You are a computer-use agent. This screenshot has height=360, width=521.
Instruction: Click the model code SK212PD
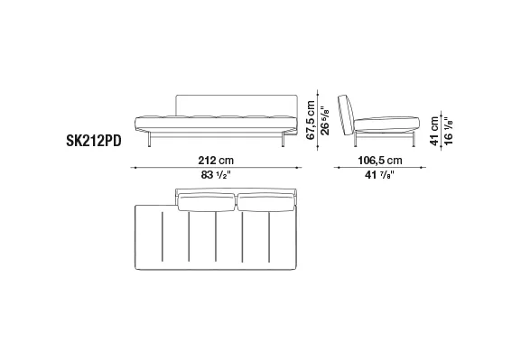[x=94, y=141]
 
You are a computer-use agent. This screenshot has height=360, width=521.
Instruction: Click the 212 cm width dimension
[x=216, y=161]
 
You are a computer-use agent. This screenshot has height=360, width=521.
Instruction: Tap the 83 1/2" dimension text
[x=216, y=175]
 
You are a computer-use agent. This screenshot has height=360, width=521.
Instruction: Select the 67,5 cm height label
[x=311, y=120]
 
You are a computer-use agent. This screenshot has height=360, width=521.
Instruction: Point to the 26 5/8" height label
[x=325, y=120]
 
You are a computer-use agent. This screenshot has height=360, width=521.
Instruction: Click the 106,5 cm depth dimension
[x=380, y=161]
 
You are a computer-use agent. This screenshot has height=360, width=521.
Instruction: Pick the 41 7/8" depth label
[x=379, y=175]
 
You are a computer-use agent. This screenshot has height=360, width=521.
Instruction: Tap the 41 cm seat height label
[x=434, y=131]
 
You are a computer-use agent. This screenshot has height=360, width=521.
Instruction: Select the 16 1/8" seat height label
[x=448, y=131]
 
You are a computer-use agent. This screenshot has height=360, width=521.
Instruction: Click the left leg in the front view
[x=150, y=139]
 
